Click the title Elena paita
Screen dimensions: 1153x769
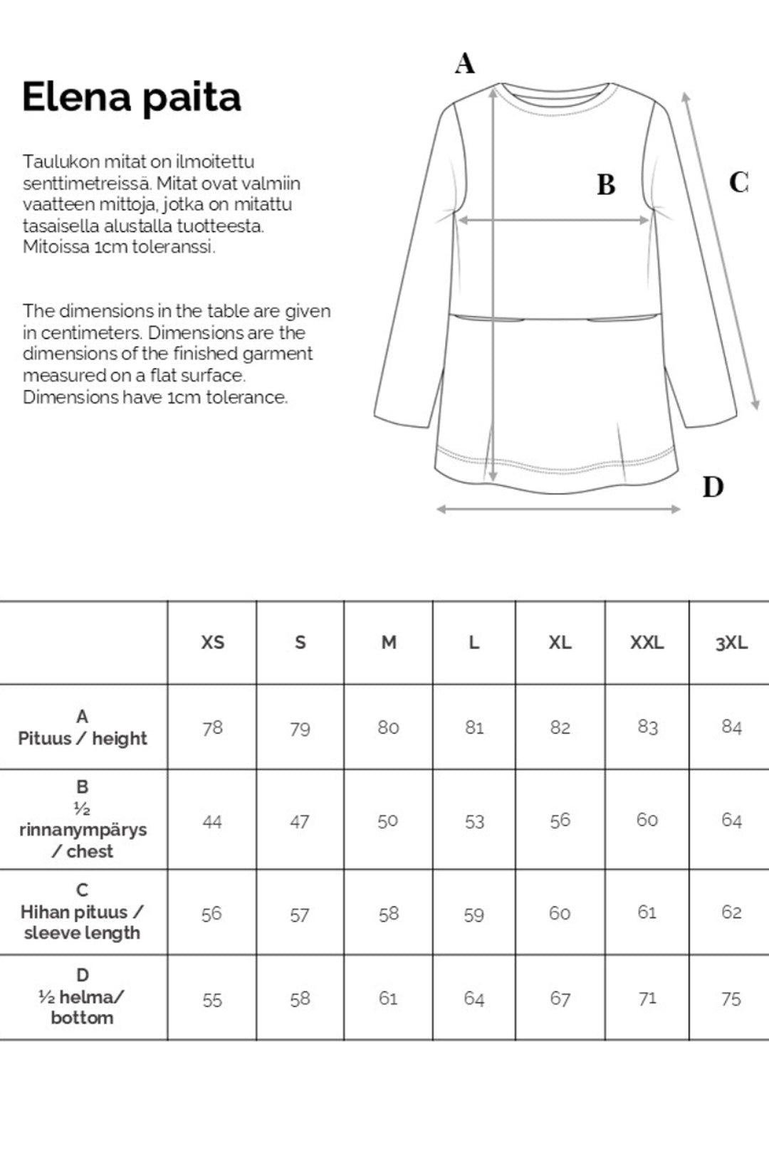132,98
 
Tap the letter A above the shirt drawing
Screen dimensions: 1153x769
464,63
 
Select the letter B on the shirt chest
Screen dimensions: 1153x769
606,185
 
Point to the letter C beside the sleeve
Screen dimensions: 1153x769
738,182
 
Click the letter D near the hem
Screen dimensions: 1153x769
713,487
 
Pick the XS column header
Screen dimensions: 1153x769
212,643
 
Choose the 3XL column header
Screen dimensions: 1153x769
731,643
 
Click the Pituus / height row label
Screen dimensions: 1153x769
83,728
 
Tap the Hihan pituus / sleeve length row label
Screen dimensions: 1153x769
83,912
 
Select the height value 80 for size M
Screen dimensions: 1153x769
388,727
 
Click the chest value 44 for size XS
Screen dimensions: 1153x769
212,822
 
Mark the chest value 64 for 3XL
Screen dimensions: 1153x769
731,820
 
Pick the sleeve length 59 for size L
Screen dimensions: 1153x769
474,915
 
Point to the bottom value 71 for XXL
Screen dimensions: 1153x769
647,999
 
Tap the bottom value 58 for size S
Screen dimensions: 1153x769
300,999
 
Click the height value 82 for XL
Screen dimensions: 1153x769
560,727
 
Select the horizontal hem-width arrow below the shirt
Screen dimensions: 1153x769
558,509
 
